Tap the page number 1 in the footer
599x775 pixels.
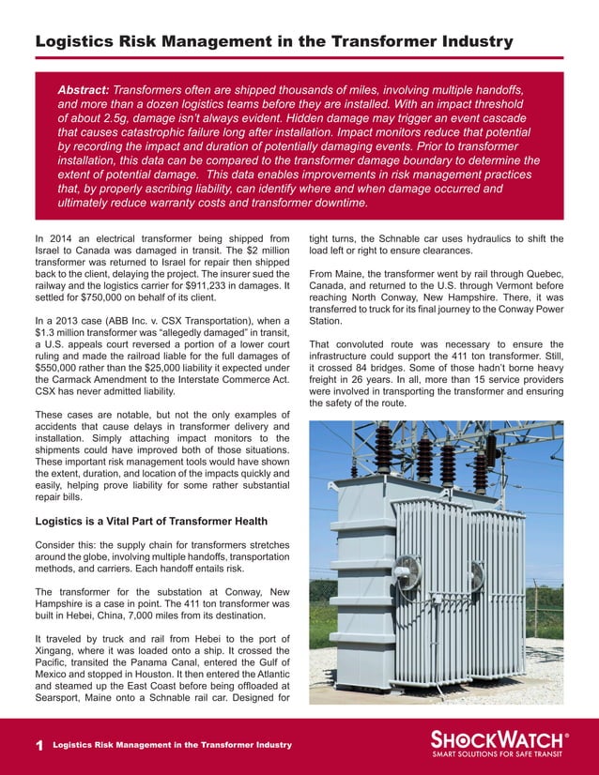click(x=38, y=745)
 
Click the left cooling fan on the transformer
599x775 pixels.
click(x=410, y=571)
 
